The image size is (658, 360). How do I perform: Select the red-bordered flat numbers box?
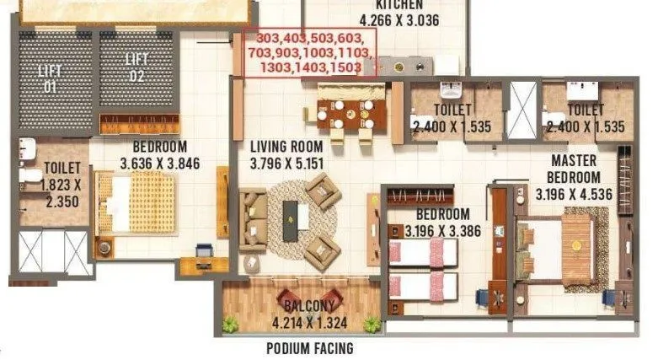click(x=309, y=53)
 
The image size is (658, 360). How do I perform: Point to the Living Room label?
click(x=286, y=146)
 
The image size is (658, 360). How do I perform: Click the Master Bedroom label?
click(x=574, y=169)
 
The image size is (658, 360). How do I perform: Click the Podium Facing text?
click(x=309, y=348)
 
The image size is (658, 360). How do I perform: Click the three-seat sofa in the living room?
click(x=252, y=221)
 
